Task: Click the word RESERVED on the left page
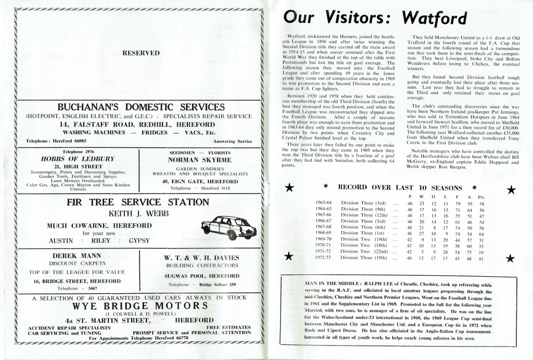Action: click(x=141, y=53)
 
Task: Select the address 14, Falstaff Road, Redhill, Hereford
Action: click(x=136, y=125)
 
